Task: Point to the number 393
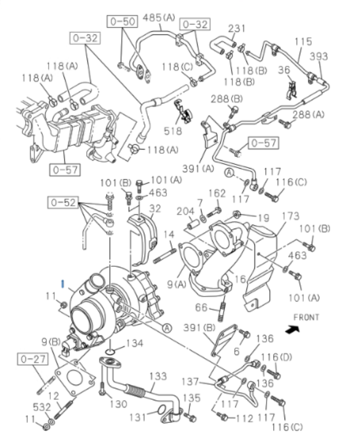coord(319,57)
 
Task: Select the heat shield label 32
coord(154,208)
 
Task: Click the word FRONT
coord(306,317)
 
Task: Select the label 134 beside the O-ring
coord(135,344)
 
